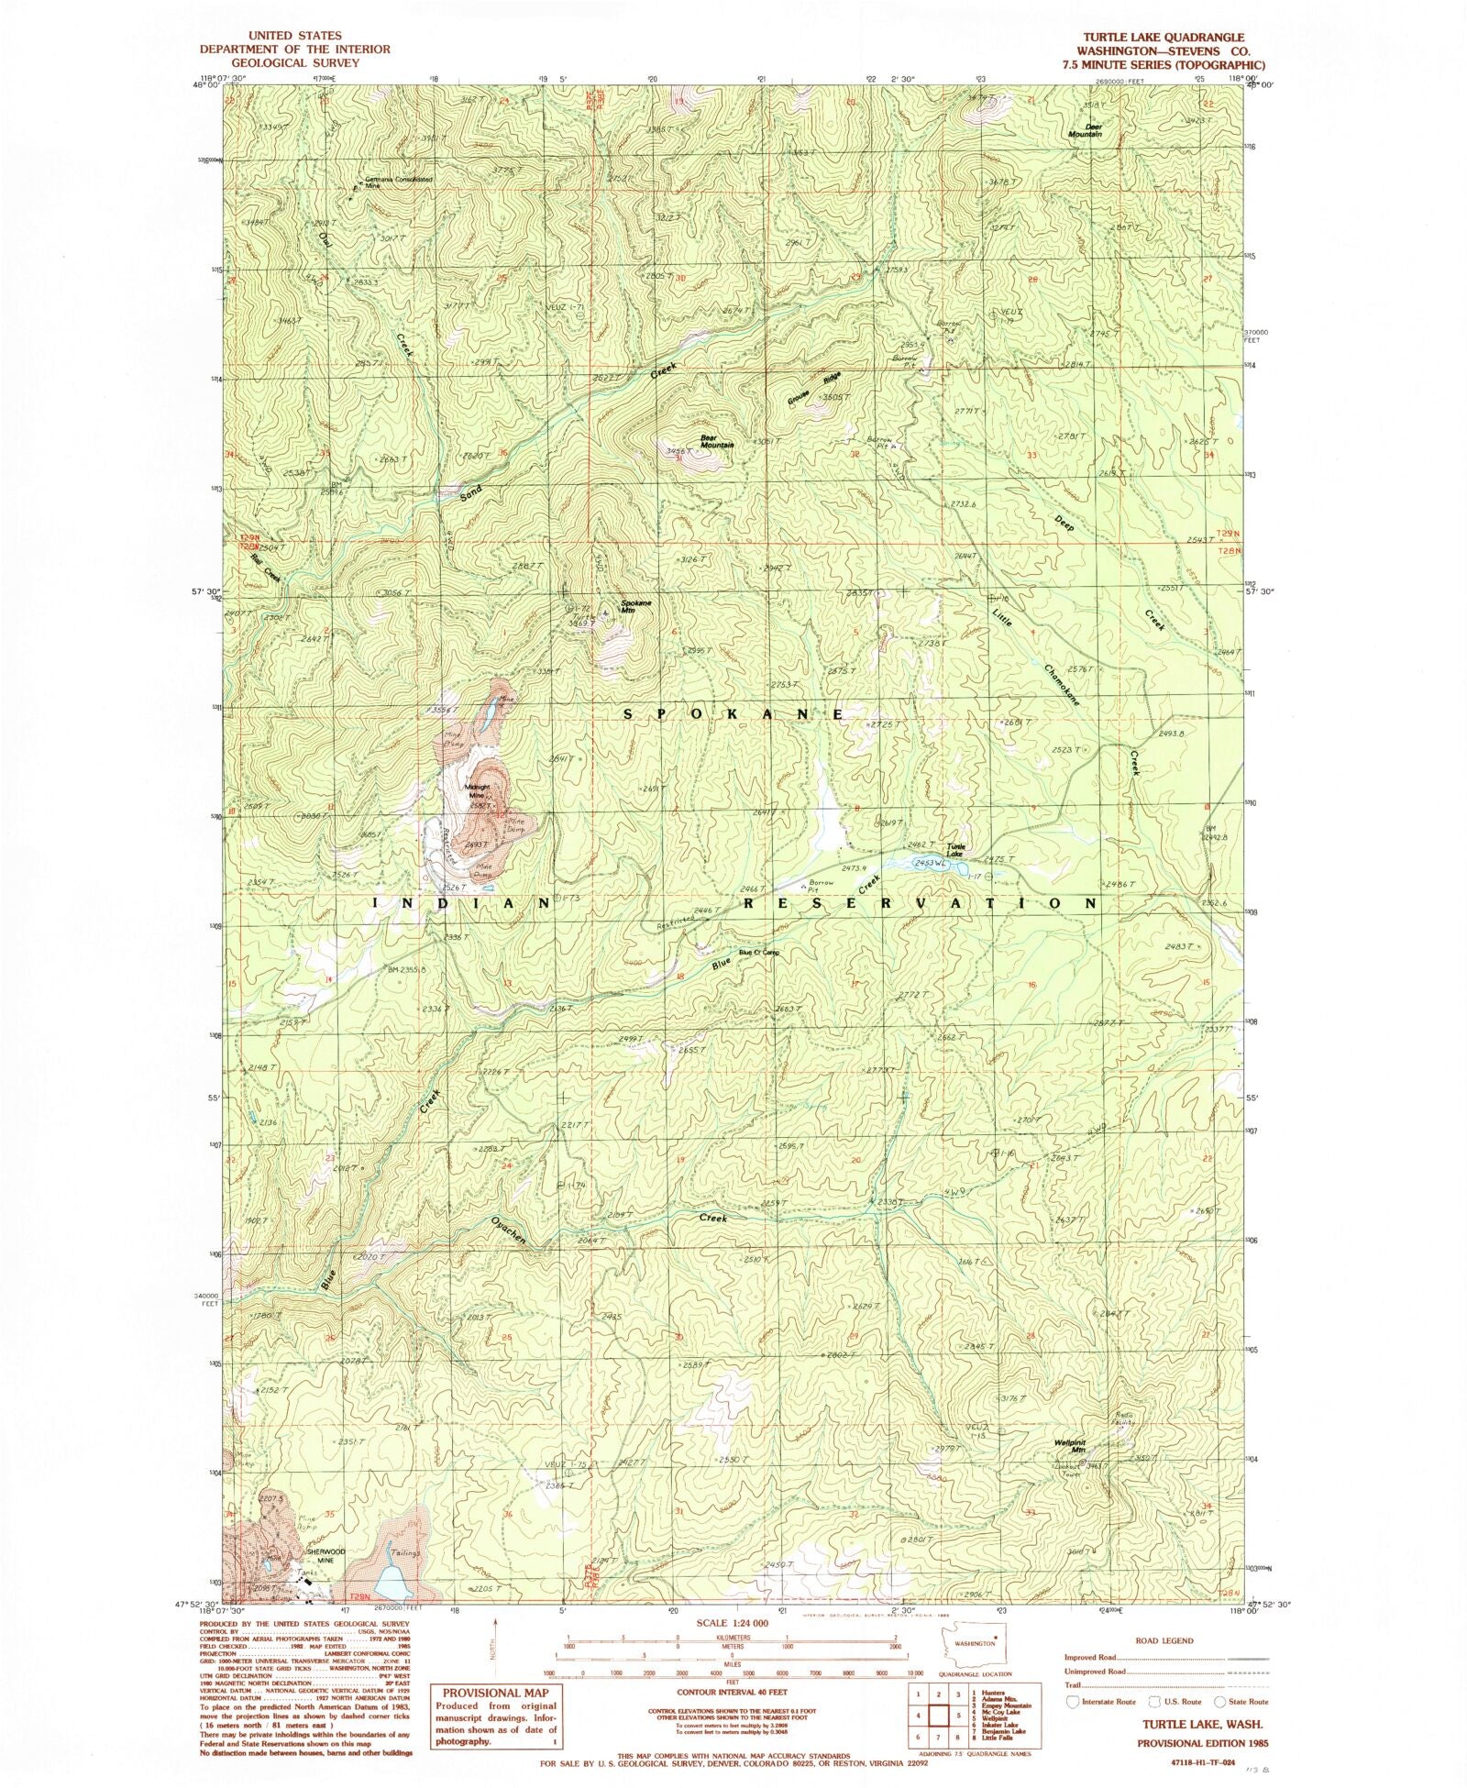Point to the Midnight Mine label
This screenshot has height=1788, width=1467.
point(478,790)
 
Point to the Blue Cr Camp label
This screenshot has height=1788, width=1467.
point(758,953)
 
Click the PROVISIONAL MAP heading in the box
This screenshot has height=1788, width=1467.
point(494,1693)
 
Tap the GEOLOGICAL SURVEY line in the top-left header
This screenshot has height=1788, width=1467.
point(294,62)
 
